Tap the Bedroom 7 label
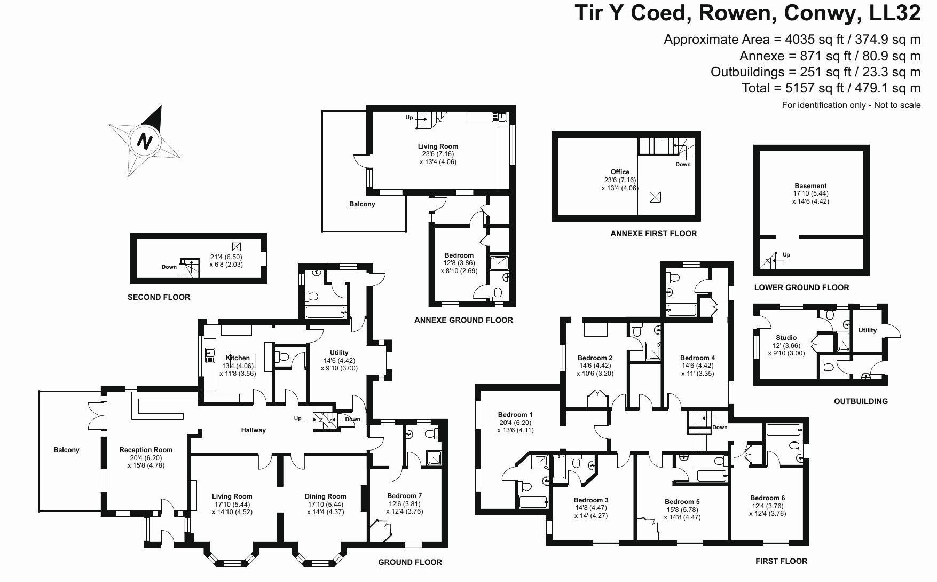coord(404,495)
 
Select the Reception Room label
coord(146,450)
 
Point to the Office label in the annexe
coord(620,172)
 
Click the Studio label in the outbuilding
coord(786,338)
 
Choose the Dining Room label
coord(325,496)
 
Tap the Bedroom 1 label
coord(515,414)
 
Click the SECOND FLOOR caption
coord(159,297)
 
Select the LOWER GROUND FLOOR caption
coord(801,288)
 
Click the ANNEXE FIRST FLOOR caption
coord(653,234)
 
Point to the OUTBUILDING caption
coord(861,401)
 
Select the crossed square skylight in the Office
coord(655,197)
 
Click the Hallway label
coord(253,430)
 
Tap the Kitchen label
coord(238,358)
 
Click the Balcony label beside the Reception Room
coord(66,450)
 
